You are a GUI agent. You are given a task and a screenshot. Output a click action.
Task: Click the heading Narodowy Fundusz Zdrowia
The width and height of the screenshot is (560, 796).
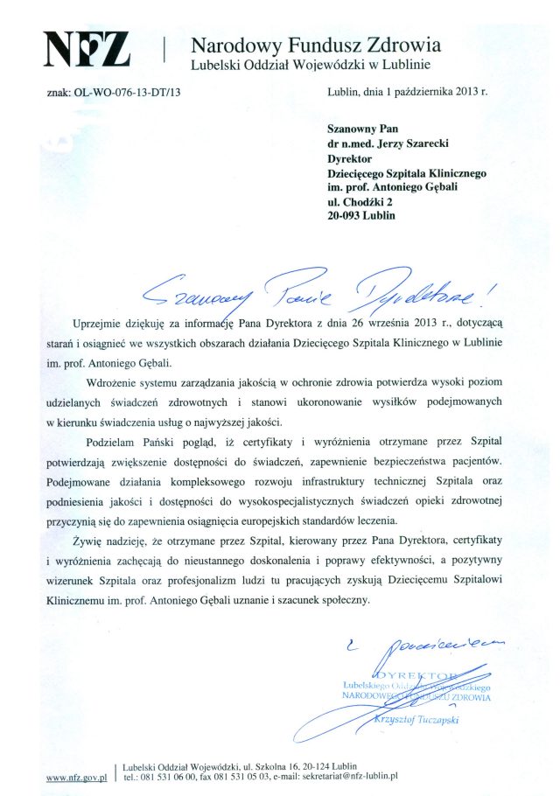[316, 44]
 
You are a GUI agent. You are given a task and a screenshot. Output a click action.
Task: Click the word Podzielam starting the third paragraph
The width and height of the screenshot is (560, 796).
[116, 441]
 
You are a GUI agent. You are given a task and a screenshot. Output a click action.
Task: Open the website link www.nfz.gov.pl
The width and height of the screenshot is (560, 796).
[75, 775]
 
